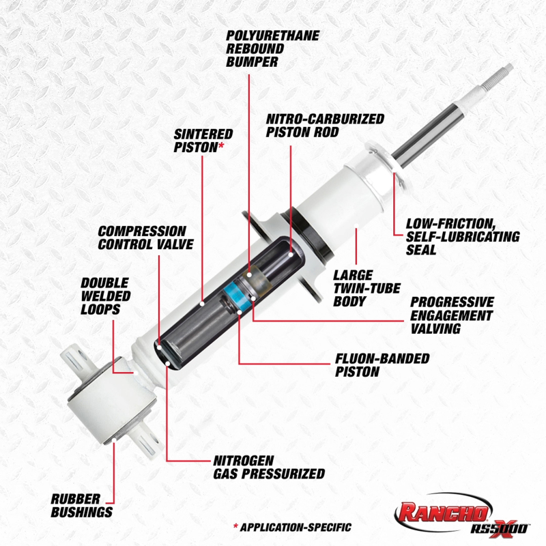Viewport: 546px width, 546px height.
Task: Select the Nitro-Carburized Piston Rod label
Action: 324,125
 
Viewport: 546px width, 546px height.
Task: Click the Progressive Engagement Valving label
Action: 451,315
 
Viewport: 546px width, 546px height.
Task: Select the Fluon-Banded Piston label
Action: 382,365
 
